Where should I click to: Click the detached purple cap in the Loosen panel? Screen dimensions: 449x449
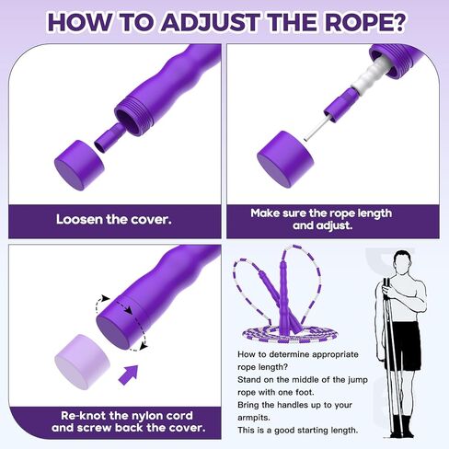[x=79, y=165]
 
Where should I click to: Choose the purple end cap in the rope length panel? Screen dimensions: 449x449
[x=285, y=159]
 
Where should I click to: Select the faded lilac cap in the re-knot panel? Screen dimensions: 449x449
[x=83, y=362]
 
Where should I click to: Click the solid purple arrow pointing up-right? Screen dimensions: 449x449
[x=129, y=374]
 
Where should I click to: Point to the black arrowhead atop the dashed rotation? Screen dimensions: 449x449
[x=106, y=298]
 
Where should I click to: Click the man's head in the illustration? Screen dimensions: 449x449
[x=403, y=263]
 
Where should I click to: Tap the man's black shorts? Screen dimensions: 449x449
[x=402, y=346]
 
